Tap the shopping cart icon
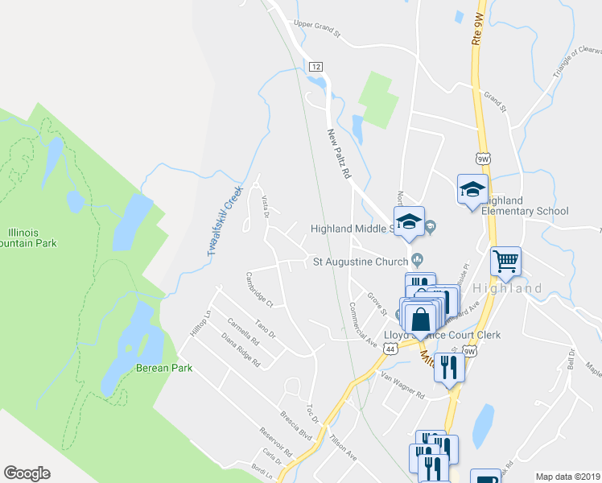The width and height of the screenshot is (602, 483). click(x=505, y=260)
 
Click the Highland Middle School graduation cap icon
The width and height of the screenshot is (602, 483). click(x=409, y=221)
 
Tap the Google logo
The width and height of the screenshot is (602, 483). click(x=27, y=473)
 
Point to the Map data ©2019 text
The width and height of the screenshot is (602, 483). click(x=567, y=477)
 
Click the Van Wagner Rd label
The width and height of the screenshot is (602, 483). click(x=402, y=377)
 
